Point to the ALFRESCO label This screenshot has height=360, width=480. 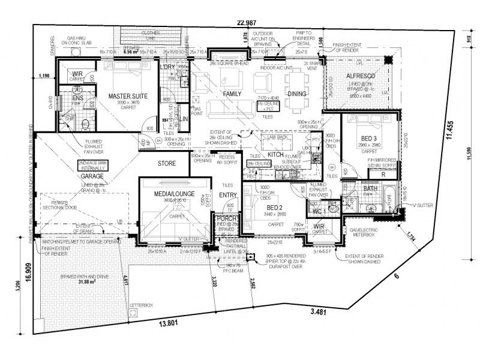tap(352, 76)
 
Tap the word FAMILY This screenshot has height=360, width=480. tap(232, 94)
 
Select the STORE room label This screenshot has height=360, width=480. tap(166, 163)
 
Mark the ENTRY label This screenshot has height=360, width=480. tap(228, 195)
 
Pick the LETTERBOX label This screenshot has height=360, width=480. tap(141, 305)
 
